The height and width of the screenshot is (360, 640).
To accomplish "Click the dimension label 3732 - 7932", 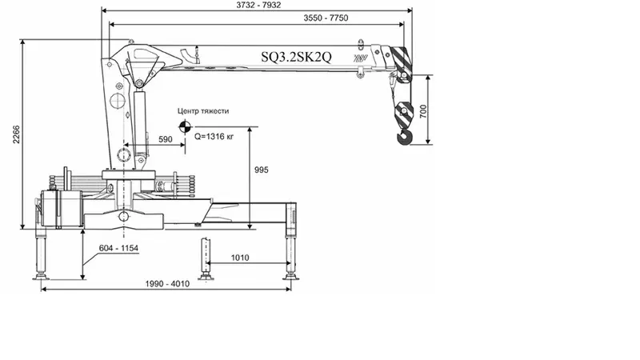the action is point(258,6).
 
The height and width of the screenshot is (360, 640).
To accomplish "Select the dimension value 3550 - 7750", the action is point(326,18).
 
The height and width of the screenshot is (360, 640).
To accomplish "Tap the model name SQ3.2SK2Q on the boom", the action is point(296,57).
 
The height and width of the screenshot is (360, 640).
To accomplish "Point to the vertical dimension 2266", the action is point(16,134).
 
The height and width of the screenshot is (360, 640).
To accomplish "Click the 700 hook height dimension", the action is point(423,111).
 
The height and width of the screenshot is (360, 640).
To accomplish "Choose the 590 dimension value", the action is point(166,139).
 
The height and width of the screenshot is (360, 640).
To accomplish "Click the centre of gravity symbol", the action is point(185,126).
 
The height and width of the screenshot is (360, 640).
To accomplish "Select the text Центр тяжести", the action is point(203,111).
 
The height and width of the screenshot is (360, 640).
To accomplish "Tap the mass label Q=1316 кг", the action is point(214,136).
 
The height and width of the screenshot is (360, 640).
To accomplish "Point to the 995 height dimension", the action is point(262,170).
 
